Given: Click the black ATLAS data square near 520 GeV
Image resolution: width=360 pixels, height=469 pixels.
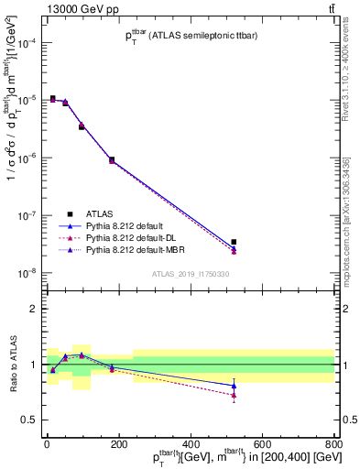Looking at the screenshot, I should [x=235, y=242].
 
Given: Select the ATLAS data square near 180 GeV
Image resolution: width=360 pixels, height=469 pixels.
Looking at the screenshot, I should [x=112, y=159].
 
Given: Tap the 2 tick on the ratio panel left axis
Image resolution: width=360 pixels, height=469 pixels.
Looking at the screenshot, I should [x=33, y=309].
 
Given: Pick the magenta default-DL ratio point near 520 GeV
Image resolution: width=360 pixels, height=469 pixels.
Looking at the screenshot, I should [x=235, y=395].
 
